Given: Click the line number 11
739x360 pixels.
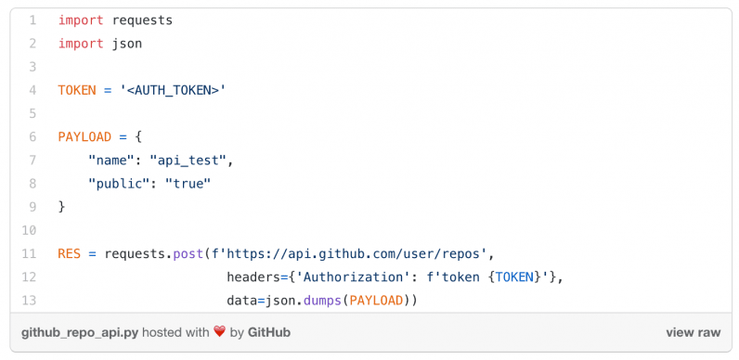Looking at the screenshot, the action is pyautogui.click(x=31, y=253).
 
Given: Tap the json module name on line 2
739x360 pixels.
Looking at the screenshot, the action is pyautogui.click(x=126, y=44).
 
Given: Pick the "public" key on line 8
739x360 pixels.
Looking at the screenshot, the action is pyautogui.click(x=119, y=184).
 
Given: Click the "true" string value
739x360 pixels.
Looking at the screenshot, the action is pyautogui.click(x=188, y=184).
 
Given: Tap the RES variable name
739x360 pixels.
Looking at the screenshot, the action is pyautogui.click(x=69, y=253).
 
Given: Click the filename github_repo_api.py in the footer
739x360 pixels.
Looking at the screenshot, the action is pyautogui.click(x=79, y=332).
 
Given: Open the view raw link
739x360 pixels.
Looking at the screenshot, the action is pyautogui.click(x=693, y=332).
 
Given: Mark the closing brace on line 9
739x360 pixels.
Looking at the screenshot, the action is pyautogui.click(x=61, y=206).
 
